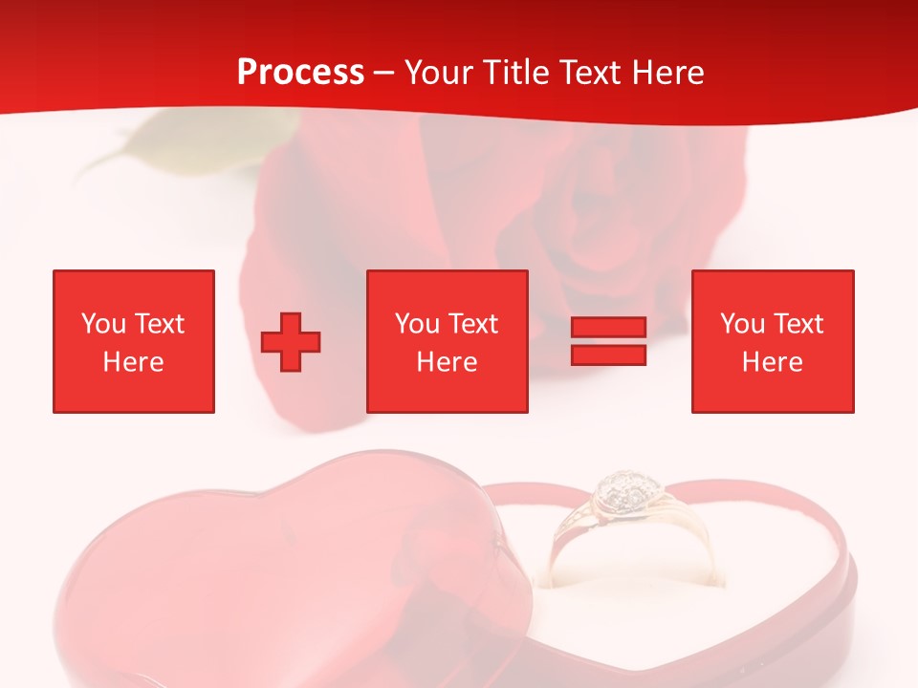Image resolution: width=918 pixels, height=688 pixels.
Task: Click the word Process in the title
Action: (300, 73)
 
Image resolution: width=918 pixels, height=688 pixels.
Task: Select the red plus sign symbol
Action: (291, 341)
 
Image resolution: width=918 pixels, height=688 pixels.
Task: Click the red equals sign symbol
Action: (608, 341)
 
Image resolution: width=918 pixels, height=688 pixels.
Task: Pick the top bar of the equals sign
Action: (608, 328)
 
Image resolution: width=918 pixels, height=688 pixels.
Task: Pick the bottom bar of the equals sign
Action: (608, 355)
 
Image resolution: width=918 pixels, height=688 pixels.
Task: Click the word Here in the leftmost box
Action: (134, 362)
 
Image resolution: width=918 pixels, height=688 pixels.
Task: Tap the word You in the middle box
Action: (417, 324)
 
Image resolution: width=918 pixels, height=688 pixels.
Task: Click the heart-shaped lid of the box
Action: (287, 573)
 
